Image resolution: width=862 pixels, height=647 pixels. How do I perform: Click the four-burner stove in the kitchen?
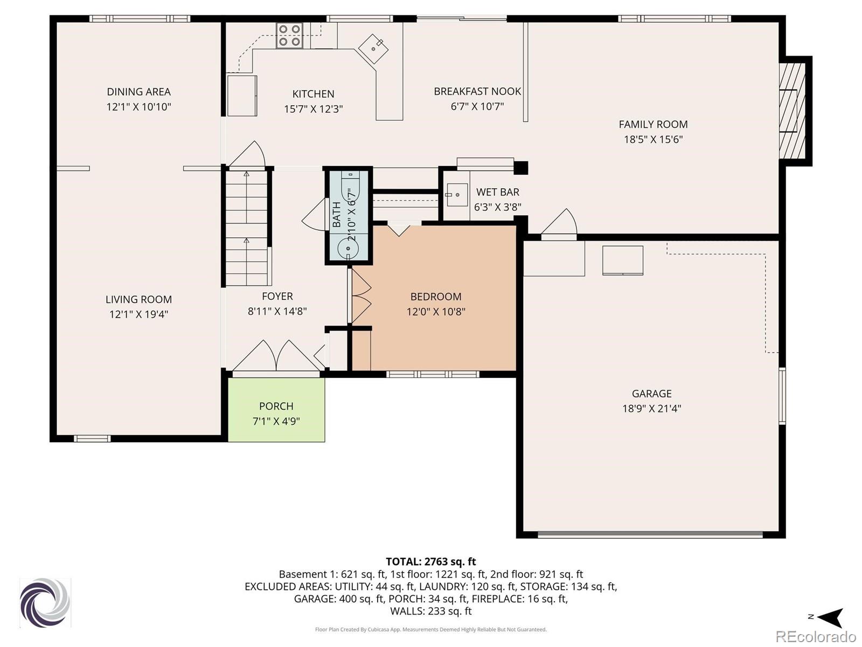click(x=289, y=36)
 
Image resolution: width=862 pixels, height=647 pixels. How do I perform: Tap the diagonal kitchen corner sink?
click(x=373, y=49)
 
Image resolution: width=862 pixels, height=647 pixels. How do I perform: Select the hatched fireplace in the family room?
click(x=792, y=111)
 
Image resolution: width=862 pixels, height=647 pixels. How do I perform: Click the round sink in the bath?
click(x=348, y=248)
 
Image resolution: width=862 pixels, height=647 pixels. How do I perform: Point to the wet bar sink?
click(x=457, y=195)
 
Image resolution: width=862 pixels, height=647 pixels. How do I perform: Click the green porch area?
click(x=276, y=410)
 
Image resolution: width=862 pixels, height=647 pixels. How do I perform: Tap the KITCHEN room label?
click(x=314, y=94)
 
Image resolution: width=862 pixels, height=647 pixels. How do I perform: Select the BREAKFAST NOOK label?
click(x=477, y=91)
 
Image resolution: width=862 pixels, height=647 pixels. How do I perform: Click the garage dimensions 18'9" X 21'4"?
click(x=651, y=409)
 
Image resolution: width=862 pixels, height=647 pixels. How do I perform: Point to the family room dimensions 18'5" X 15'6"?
click(x=653, y=139)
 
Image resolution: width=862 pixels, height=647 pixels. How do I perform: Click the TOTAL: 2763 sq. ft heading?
click(x=431, y=561)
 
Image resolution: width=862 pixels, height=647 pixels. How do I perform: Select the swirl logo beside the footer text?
click(x=45, y=603)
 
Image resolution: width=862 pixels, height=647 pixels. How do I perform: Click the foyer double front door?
click(x=276, y=356)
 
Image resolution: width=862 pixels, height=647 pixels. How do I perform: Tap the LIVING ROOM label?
click(x=138, y=299)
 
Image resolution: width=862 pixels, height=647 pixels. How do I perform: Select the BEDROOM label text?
click(x=436, y=297)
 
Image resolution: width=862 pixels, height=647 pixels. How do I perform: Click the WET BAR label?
click(x=498, y=192)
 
